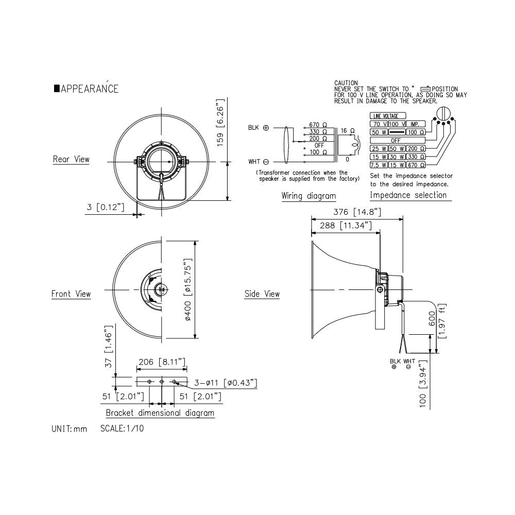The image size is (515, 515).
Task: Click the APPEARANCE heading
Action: [x=87, y=89]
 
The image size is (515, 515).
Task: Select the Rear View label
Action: [x=71, y=159]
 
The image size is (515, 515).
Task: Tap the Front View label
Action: [x=71, y=294]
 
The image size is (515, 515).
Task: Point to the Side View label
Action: [x=262, y=294]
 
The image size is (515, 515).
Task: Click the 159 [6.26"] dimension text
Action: [x=220, y=122]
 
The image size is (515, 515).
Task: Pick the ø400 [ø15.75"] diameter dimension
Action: [x=187, y=289]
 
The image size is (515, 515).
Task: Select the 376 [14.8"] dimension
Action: [x=357, y=212]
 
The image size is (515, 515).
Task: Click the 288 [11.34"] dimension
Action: [x=346, y=226]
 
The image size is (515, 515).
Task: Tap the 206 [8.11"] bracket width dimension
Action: [x=162, y=362]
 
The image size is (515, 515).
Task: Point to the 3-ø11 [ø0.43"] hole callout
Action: [x=226, y=383]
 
